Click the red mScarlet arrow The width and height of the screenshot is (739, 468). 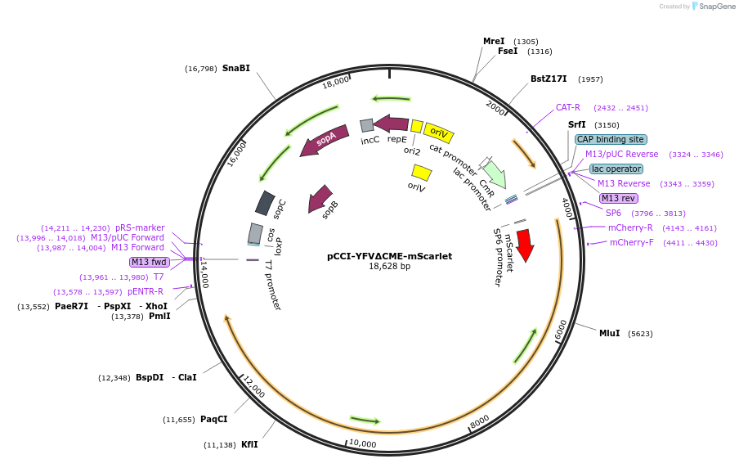click(x=525, y=245)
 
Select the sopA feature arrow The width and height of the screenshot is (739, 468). click(x=325, y=140)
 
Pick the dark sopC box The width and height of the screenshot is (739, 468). click(x=265, y=203)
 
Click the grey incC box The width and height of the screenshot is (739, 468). click(x=367, y=125)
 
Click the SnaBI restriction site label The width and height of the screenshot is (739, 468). click(x=236, y=68)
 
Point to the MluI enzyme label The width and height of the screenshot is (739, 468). click(x=609, y=333)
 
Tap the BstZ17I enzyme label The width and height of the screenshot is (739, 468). click(x=549, y=79)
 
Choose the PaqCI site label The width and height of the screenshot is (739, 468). click(x=214, y=419)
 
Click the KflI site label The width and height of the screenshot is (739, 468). click(x=249, y=444)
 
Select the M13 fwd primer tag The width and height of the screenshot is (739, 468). click(x=149, y=263)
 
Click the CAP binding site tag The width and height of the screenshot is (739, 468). click(x=611, y=139)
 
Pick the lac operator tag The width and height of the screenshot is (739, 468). click(x=616, y=169)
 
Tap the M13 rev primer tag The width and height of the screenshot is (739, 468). click(x=618, y=198)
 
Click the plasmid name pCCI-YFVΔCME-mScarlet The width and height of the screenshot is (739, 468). click(x=390, y=256)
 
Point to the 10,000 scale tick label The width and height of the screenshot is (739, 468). click(x=362, y=444)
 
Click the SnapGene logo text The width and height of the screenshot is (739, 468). click(x=716, y=6)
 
